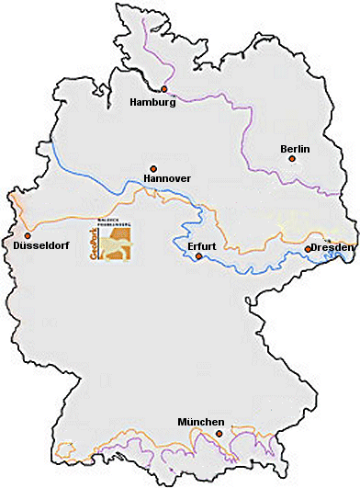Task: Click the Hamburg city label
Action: tap(153, 102)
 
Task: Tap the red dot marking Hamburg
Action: tap(164, 89)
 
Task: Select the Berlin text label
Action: tap(295, 148)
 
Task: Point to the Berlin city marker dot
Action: tap(292, 159)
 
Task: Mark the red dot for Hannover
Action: tap(153, 168)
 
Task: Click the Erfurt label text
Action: tap(200, 246)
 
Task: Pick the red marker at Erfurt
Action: tap(198, 257)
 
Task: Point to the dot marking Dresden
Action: tap(308, 249)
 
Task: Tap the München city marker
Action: tap(219, 433)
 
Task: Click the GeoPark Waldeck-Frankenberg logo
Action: tap(112, 241)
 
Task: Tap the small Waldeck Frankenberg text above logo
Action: tap(116, 222)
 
